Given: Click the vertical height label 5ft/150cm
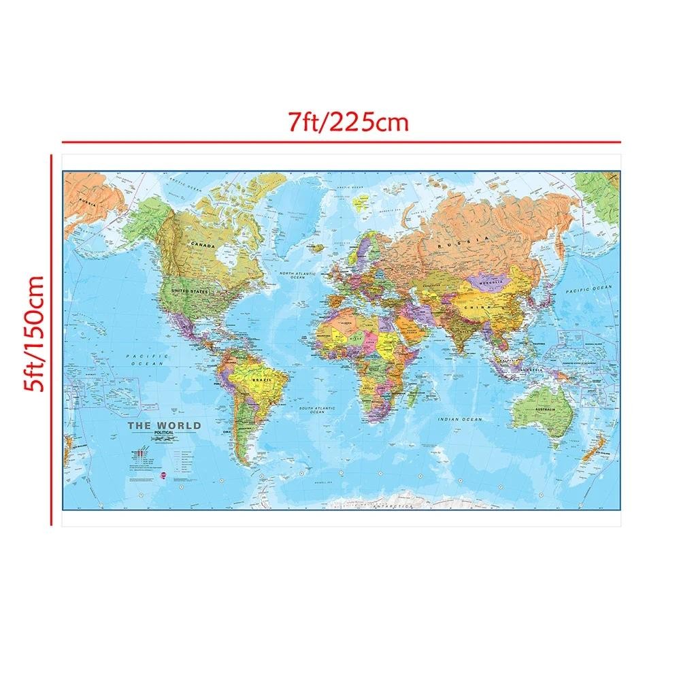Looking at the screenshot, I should [31, 333].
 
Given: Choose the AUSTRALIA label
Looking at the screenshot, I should [548, 408].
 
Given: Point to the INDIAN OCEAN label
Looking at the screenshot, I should [460, 420].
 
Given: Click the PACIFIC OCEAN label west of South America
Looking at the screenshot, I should [146, 360].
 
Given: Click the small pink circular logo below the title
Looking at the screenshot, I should [162, 476].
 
